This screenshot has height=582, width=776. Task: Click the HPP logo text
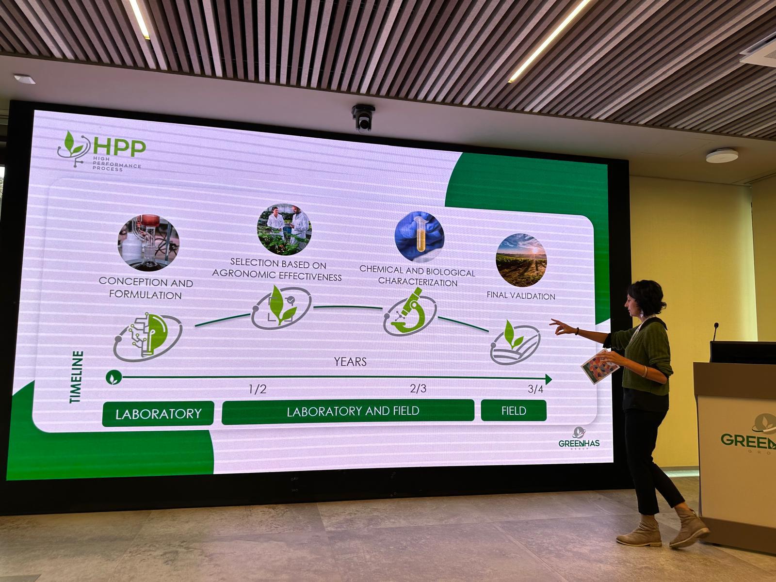click(119, 147)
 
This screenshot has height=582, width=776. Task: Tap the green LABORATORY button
click(158, 413)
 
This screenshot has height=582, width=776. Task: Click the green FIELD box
click(514, 411)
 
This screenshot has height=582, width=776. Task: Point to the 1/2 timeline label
click(258, 389)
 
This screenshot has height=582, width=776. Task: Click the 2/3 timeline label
click(418, 388)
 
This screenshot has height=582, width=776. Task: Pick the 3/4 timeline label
click(535, 389)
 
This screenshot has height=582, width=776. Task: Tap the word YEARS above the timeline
click(350, 361)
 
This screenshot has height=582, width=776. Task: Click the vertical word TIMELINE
click(76, 377)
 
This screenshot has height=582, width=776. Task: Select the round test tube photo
click(420, 236)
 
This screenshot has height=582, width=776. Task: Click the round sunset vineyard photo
click(521, 260)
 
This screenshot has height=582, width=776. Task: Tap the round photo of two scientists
click(284, 229)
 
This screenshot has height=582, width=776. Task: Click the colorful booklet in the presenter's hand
click(599, 366)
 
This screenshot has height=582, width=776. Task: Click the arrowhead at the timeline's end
click(549, 379)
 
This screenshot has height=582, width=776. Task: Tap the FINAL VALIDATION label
click(521, 296)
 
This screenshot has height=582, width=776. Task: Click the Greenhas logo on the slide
click(579, 438)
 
